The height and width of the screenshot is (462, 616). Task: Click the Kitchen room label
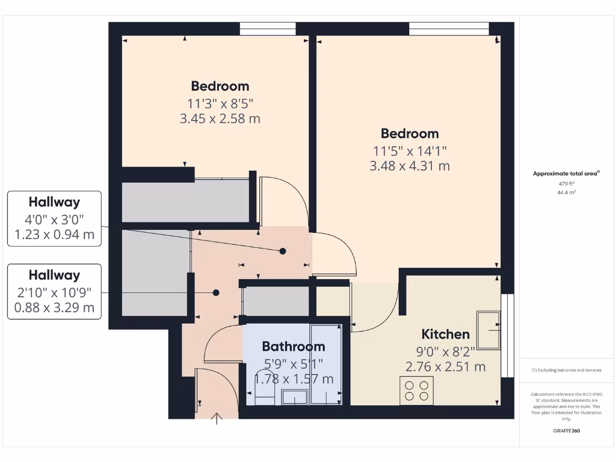click(445, 334)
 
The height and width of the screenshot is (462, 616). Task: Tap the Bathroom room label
click(294, 346)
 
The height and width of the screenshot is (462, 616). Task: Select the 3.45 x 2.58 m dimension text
click(220, 119)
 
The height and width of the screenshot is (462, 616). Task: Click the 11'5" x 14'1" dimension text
click(410, 150)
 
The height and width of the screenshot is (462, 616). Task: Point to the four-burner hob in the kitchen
click(416, 390)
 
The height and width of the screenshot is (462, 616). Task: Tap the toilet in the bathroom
click(263, 394)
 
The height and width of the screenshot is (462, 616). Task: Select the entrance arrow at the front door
click(217, 419)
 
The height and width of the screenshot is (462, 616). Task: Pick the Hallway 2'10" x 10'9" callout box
click(54, 292)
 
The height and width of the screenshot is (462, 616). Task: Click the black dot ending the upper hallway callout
click(283, 251)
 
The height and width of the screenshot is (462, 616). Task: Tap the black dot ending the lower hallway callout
click(215, 293)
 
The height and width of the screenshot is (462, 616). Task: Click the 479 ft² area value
click(567, 183)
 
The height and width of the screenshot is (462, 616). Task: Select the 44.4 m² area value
click(567, 192)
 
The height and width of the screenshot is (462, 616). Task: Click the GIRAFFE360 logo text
click(567, 431)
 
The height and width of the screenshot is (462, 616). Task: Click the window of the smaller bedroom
click(268, 28)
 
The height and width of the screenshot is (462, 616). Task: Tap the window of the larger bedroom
click(449, 28)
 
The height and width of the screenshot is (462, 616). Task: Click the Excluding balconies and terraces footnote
click(567, 371)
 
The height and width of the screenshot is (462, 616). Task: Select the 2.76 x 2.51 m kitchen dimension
click(445, 366)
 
